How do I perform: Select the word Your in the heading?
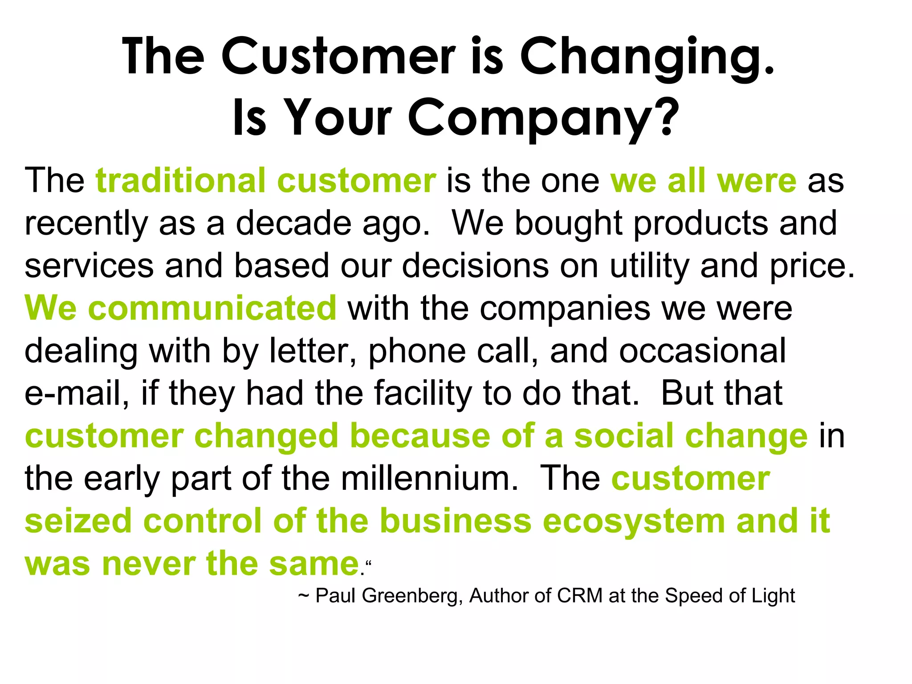click(x=338, y=117)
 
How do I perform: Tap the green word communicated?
click(x=212, y=308)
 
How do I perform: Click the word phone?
click(x=417, y=351)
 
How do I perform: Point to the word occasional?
click(x=702, y=351)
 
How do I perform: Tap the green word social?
click(x=624, y=436)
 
